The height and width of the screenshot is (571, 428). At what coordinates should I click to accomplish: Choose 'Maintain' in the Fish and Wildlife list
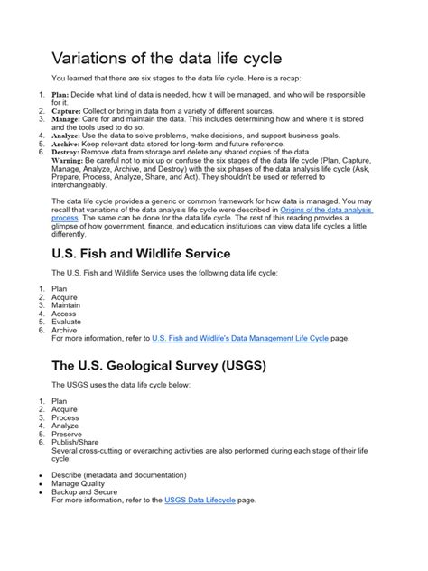[x=67, y=305]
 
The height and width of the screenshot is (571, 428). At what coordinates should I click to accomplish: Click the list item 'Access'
[x=65, y=314]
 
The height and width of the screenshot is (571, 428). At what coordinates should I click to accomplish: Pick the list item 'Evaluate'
[x=67, y=322]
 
